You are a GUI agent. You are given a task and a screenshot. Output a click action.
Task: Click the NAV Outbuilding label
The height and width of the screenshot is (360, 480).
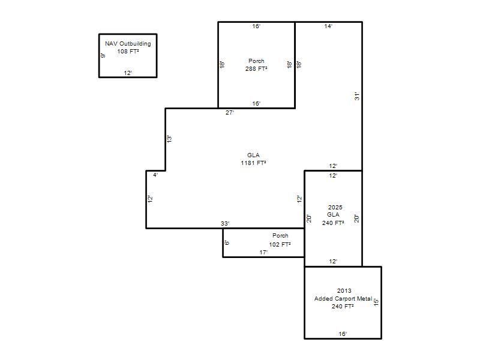click(x=128, y=43)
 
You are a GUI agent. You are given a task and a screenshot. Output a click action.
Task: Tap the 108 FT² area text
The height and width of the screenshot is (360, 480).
click(x=128, y=51)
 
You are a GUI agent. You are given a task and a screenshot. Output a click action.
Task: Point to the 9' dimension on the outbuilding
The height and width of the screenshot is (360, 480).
click(x=103, y=55)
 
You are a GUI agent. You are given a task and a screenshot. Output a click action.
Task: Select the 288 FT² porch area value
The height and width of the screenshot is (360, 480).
click(x=256, y=68)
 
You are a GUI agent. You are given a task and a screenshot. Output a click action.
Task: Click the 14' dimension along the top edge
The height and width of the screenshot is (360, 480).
click(x=328, y=26)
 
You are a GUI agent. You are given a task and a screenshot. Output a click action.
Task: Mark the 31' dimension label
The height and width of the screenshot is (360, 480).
click(x=357, y=97)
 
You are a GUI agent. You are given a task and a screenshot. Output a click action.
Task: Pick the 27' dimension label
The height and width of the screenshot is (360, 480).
click(x=230, y=113)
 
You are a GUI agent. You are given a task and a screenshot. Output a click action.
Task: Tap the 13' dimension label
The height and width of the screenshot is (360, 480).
click(x=169, y=139)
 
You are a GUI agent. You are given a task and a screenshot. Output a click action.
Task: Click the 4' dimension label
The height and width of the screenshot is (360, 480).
click(x=155, y=175)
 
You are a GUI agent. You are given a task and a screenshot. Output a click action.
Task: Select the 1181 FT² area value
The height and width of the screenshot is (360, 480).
click(x=253, y=163)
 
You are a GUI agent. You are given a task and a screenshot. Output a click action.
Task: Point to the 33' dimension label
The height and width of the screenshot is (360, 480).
click(x=225, y=223)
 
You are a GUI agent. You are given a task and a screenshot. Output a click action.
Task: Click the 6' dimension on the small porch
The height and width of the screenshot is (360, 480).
click(x=227, y=243)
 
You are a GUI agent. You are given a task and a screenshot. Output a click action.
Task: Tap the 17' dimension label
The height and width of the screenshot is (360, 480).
click(x=263, y=252)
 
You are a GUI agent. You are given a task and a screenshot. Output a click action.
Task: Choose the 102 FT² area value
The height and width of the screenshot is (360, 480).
click(x=280, y=244)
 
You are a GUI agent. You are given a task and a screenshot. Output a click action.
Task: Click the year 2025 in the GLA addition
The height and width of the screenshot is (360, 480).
click(x=335, y=207)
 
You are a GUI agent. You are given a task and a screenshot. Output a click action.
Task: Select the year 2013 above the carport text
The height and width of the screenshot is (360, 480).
click(x=344, y=290)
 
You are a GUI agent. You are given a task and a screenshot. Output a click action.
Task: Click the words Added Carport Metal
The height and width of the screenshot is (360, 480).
click(x=343, y=298)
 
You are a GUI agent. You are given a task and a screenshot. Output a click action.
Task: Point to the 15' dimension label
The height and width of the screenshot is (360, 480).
click(x=376, y=302)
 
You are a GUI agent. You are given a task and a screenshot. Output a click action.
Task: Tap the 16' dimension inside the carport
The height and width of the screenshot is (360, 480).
click(x=343, y=334)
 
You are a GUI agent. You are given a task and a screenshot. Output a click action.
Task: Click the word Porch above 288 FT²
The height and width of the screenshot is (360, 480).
click(x=256, y=61)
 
